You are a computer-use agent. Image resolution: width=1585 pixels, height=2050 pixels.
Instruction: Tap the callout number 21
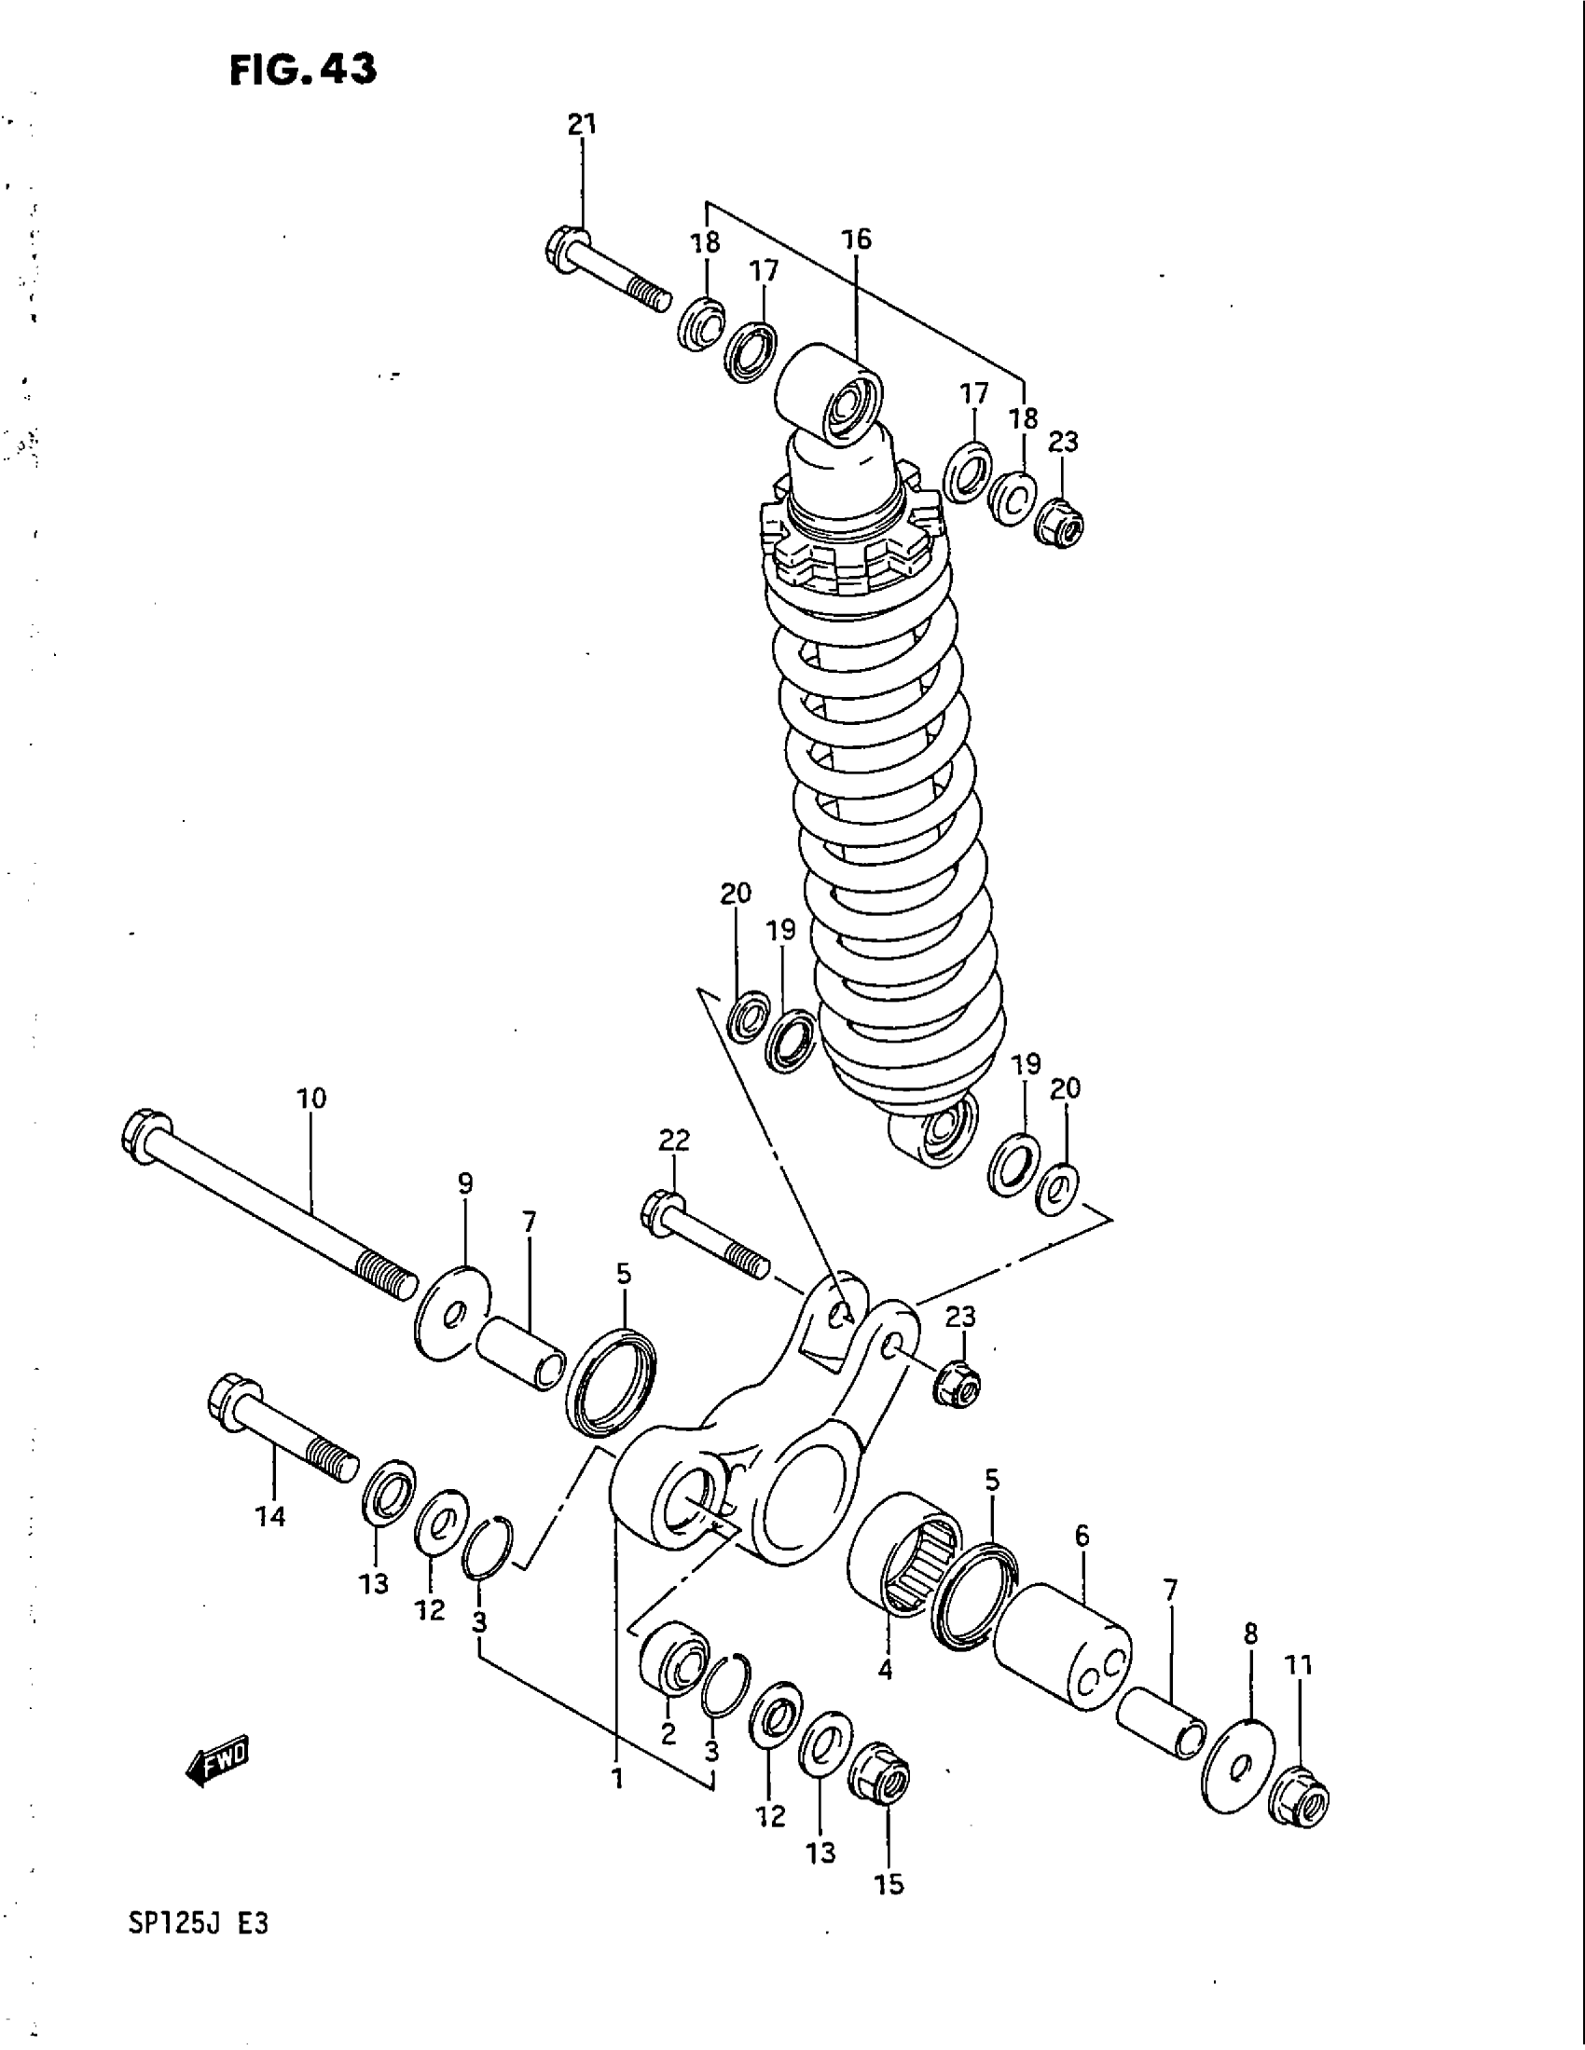coord(581,124)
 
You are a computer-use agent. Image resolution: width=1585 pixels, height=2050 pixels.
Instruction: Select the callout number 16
coord(855,239)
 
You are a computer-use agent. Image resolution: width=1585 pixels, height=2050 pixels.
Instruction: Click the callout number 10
coord(311,1098)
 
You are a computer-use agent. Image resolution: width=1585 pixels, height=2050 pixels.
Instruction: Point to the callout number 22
coord(674,1140)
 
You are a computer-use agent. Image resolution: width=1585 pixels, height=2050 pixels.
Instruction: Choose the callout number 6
coord(1082,1537)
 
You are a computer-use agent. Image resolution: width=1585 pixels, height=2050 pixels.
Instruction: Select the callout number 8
coord(1249,1634)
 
